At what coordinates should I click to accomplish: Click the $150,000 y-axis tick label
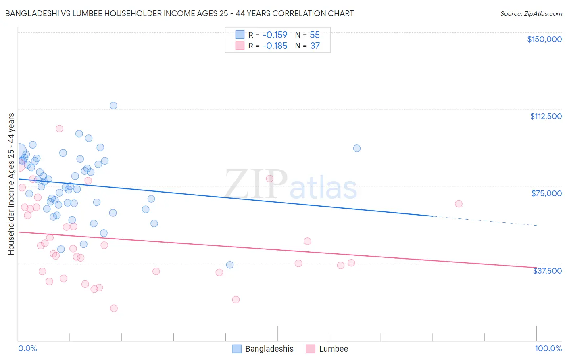(x=544, y=39)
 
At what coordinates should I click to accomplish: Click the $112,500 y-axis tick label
(x=546, y=116)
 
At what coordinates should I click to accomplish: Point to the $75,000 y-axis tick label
(x=546, y=193)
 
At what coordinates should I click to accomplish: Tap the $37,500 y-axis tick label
(x=547, y=271)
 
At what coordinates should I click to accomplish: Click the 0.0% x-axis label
(x=27, y=348)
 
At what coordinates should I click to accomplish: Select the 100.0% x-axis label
(x=548, y=348)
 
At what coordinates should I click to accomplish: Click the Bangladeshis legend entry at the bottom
(x=269, y=349)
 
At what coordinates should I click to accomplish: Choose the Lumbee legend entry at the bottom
(x=333, y=349)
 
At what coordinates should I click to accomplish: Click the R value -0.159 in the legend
(x=275, y=35)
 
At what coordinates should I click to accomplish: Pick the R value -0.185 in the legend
(x=275, y=46)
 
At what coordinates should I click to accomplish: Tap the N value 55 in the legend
(x=315, y=35)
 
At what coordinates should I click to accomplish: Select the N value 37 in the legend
(x=315, y=46)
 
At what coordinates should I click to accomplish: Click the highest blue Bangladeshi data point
(x=113, y=105)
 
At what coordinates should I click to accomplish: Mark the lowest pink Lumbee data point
(x=114, y=308)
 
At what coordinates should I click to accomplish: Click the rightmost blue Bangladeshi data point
(x=357, y=148)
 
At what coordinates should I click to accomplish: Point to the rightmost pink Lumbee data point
(x=459, y=204)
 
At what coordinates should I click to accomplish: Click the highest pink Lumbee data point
(x=59, y=129)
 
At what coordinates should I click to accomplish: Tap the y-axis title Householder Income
(x=11, y=184)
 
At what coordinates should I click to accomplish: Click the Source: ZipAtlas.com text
(x=531, y=14)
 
